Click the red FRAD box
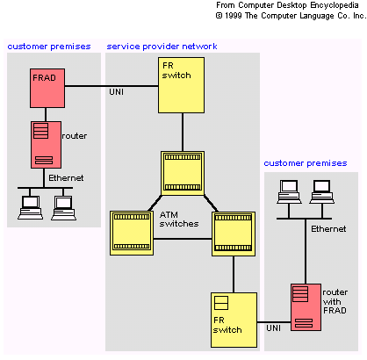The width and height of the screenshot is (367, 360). point(47,88)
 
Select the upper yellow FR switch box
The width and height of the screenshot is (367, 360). point(181,85)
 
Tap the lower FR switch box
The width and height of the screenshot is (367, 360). point(234,320)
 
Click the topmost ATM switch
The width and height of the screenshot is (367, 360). point(183,173)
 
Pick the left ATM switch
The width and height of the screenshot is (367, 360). point(132,233)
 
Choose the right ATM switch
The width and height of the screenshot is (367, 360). point(234,234)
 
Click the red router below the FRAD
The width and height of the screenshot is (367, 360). point(46,145)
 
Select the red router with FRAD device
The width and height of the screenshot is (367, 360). point(306,307)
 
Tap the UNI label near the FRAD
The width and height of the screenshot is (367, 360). point(116,92)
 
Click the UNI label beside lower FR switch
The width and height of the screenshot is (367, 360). point(273,328)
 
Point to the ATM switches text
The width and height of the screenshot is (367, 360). point(179,220)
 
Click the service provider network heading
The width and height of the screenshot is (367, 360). point(162,47)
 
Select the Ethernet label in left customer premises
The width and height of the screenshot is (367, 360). point(66,178)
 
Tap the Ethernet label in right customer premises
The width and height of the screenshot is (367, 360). point(328,229)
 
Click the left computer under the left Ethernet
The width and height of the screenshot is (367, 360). point(30,207)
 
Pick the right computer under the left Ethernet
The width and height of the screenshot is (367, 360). point(63,207)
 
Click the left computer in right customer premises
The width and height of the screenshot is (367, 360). point(289,191)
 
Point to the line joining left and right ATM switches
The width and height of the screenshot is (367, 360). point(183,239)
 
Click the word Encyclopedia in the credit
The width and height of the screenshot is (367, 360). point(335,5)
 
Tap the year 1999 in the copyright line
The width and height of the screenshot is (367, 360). point(234,16)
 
